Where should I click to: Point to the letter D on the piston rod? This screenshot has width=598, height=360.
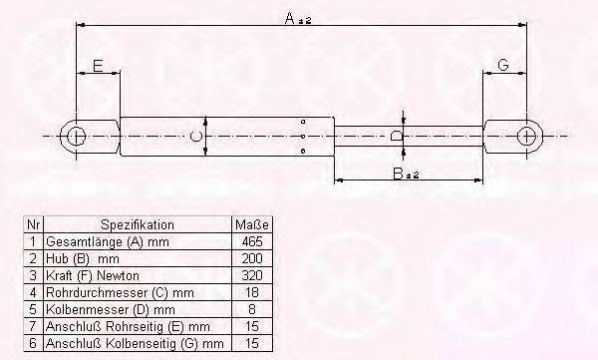pyautogui.click(x=397, y=136)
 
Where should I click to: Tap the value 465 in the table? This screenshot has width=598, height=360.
pyautogui.click(x=251, y=241)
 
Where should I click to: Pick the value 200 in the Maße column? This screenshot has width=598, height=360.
pyautogui.click(x=251, y=258)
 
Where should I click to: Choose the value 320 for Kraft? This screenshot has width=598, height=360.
pyautogui.click(x=251, y=275)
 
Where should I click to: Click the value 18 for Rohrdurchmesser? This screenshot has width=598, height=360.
pyautogui.click(x=251, y=292)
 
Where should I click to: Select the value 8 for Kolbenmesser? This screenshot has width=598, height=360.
pyautogui.click(x=251, y=309)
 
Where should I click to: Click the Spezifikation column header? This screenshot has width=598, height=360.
pyautogui.click(x=138, y=224)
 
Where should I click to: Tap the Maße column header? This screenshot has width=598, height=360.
pyautogui.click(x=251, y=224)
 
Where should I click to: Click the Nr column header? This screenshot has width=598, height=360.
pyautogui.click(x=33, y=224)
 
